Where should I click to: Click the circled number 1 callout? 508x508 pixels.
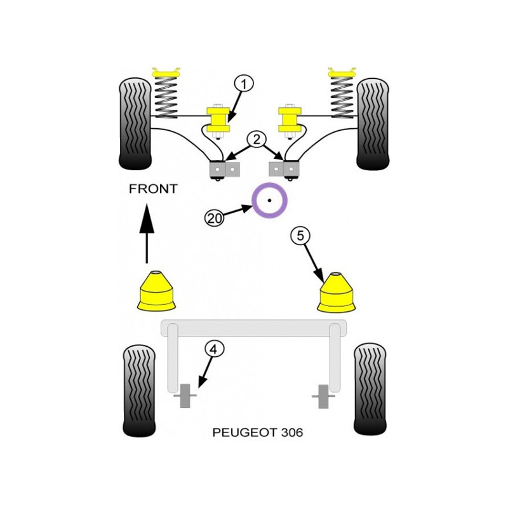pyautogui.click(x=243, y=84)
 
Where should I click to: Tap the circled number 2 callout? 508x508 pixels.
pyautogui.click(x=257, y=140)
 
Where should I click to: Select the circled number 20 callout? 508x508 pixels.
pyautogui.click(x=215, y=218)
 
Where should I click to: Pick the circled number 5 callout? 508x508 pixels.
pyautogui.click(x=300, y=236)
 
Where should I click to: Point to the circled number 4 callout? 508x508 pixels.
pyautogui.click(x=214, y=349)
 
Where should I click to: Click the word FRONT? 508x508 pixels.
pyautogui.click(x=153, y=189)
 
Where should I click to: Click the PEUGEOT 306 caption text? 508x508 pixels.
pyautogui.click(x=258, y=432)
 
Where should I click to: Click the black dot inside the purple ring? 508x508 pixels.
pyautogui.click(x=269, y=201)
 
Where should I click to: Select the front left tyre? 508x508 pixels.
pyautogui.click(x=135, y=123)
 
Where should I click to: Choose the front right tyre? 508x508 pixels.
pyautogui.click(x=373, y=123)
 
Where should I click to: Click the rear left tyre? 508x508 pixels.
pyautogui.click(x=139, y=391)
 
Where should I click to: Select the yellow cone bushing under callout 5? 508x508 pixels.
pyautogui.click(x=337, y=292)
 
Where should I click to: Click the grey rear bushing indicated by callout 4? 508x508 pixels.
pyautogui.click(x=185, y=396)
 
